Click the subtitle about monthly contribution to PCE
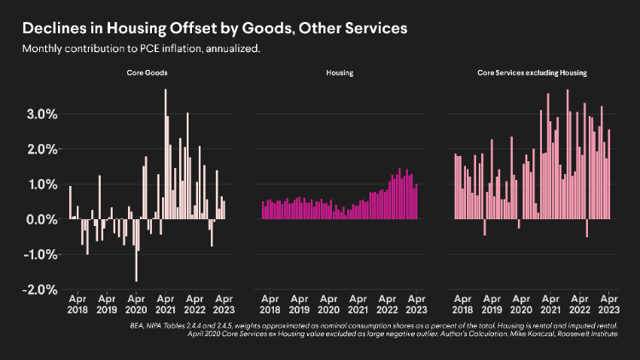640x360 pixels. pyautogui.click(x=142, y=49)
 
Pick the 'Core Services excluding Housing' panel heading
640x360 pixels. pyautogui.click(x=532, y=74)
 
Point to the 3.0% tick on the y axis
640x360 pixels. pyautogui.click(x=39, y=113)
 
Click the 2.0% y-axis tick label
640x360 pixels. pyautogui.click(x=39, y=149)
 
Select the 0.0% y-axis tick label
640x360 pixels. pyautogui.click(x=39, y=219)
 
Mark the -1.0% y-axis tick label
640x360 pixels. pyautogui.click(x=38, y=254)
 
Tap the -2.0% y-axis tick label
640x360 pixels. pyautogui.click(x=38, y=290)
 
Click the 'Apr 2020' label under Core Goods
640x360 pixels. pyautogui.click(x=137, y=305)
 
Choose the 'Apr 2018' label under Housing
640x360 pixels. pyautogui.click(x=270, y=305)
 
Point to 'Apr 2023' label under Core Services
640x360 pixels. pyautogui.click(x=608, y=305)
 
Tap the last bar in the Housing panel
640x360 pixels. pyautogui.click(x=416, y=203)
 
